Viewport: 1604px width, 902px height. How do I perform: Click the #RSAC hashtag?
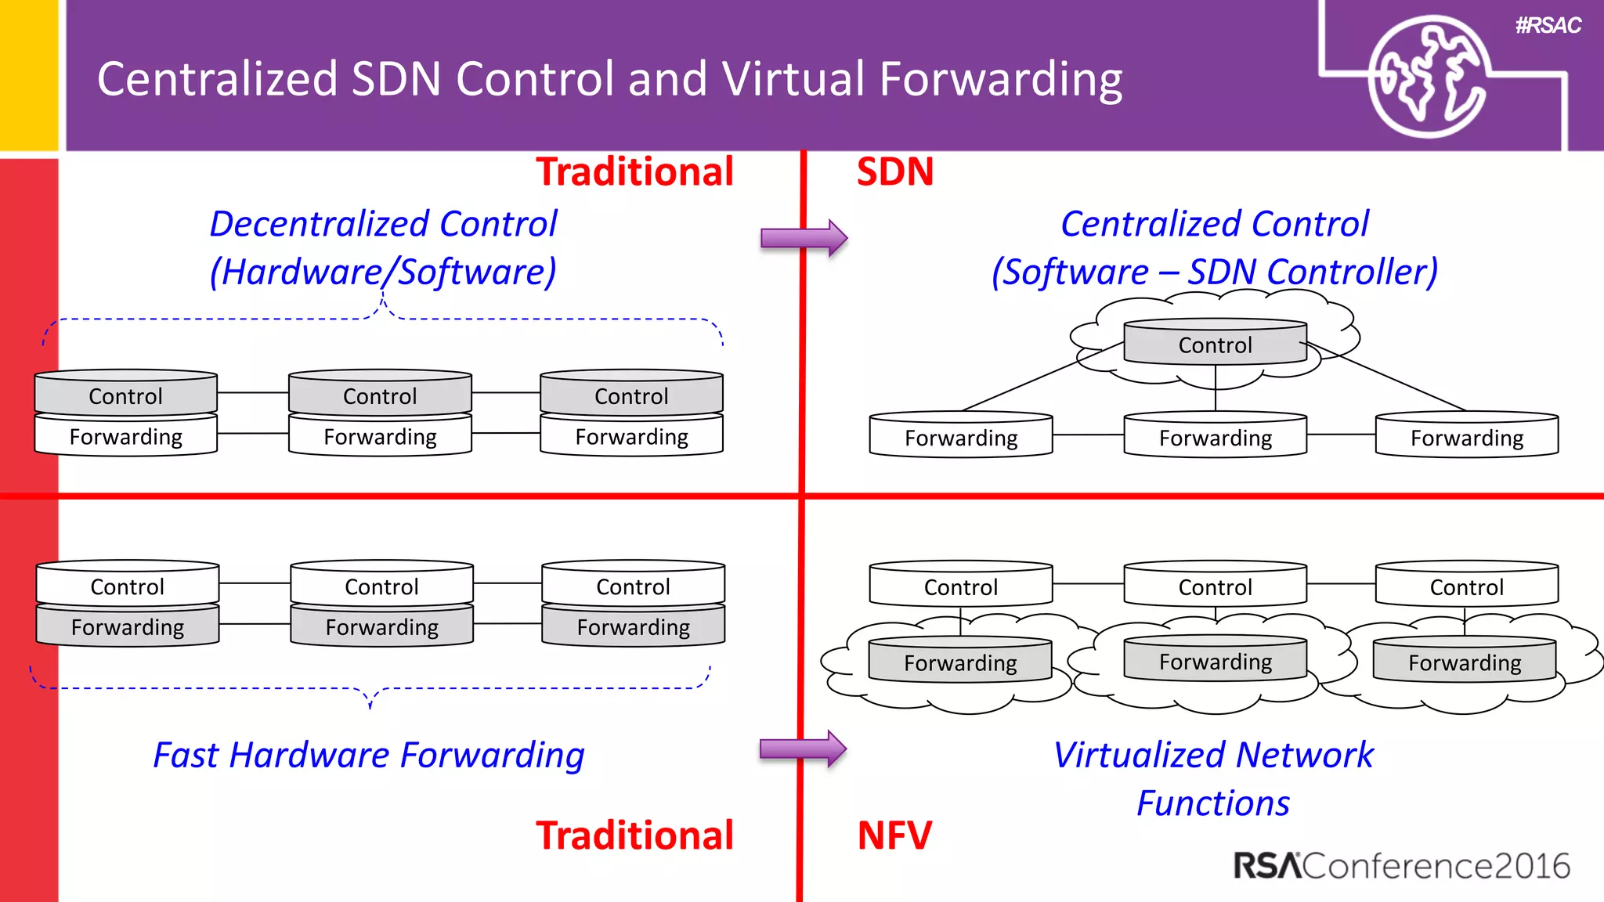coord(1548,26)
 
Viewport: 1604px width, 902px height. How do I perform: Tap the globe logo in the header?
coord(1428,77)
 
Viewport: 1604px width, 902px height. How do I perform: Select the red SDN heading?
coord(894,171)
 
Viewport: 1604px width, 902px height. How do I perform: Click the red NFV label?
coord(894,835)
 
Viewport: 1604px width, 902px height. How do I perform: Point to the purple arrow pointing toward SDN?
coord(804,237)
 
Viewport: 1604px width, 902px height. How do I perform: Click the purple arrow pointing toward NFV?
coord(803,749)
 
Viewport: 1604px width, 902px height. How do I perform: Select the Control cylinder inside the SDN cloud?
coord(1215,343)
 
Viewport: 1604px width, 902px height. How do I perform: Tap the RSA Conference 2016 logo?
coord(1401,866)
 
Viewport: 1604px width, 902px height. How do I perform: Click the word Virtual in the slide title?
coord(793,79)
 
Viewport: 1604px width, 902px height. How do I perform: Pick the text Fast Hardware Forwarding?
coord(369,756)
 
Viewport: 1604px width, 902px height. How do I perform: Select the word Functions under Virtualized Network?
coord(1212,803)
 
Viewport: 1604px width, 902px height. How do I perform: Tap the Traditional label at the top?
coord(634,171)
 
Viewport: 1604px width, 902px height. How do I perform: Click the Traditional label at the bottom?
coord(634,835)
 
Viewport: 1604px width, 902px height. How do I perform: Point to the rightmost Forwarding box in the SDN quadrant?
coord(1466,436)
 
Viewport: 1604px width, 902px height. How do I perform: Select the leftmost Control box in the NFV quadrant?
coord(960,586)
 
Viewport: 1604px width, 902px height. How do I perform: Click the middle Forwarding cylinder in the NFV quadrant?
coord(1215,661)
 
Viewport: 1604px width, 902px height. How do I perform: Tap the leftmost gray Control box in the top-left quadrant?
coord(125,394)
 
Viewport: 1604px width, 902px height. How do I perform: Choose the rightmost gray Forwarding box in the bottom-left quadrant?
coord(633,626)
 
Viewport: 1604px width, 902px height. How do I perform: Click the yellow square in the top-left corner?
coord(29,74)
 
